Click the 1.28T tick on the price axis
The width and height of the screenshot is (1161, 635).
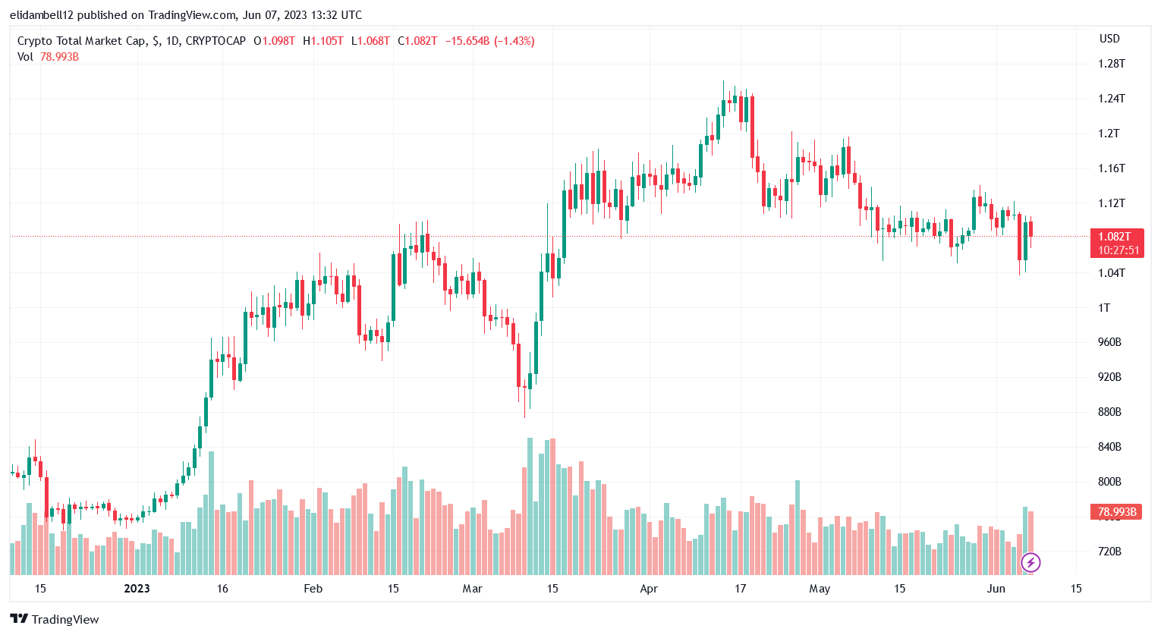coord(1111,64)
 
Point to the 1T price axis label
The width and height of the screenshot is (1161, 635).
coord(1104,308)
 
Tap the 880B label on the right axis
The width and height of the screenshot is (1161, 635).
coord(1109,412)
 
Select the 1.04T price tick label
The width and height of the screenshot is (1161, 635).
coord(1111,273)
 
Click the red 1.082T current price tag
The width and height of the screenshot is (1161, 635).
coord(1115,237)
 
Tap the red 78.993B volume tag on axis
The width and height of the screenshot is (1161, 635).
coord(1115,512)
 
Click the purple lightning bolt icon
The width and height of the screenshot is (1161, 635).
coord(1030,562)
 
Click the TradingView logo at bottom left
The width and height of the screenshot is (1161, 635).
coord(55,619)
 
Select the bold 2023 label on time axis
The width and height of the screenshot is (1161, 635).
coord(137,589)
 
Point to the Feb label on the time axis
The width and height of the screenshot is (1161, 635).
coord(313,589)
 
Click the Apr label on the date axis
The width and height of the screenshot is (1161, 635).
coord(649,589)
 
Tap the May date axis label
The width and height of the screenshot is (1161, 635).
coord(820,589)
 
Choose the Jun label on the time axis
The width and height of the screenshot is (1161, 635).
coord(996,589)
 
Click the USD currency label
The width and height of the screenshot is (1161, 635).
coord(1109,39)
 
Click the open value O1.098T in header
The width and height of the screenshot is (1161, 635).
coord(274,41)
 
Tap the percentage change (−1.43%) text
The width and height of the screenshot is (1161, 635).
coord(514,41)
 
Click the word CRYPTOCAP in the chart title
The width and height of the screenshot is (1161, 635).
coord(216,41)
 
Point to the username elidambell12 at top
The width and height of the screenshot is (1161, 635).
coord(42,15)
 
